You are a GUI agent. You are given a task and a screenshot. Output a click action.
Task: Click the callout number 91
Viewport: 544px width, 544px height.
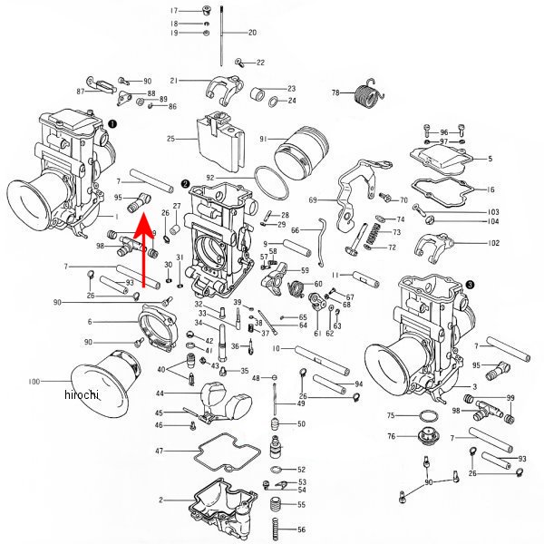263,140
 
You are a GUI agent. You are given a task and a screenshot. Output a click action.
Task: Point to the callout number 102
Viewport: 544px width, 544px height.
493,243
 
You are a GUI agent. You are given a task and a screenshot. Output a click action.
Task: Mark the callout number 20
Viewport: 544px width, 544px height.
252,33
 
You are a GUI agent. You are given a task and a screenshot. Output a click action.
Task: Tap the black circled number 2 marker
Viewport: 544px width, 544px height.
185,182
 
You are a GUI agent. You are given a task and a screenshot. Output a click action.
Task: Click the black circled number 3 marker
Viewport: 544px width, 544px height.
470,284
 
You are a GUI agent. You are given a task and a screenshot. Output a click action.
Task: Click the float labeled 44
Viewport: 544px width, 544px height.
220,396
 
